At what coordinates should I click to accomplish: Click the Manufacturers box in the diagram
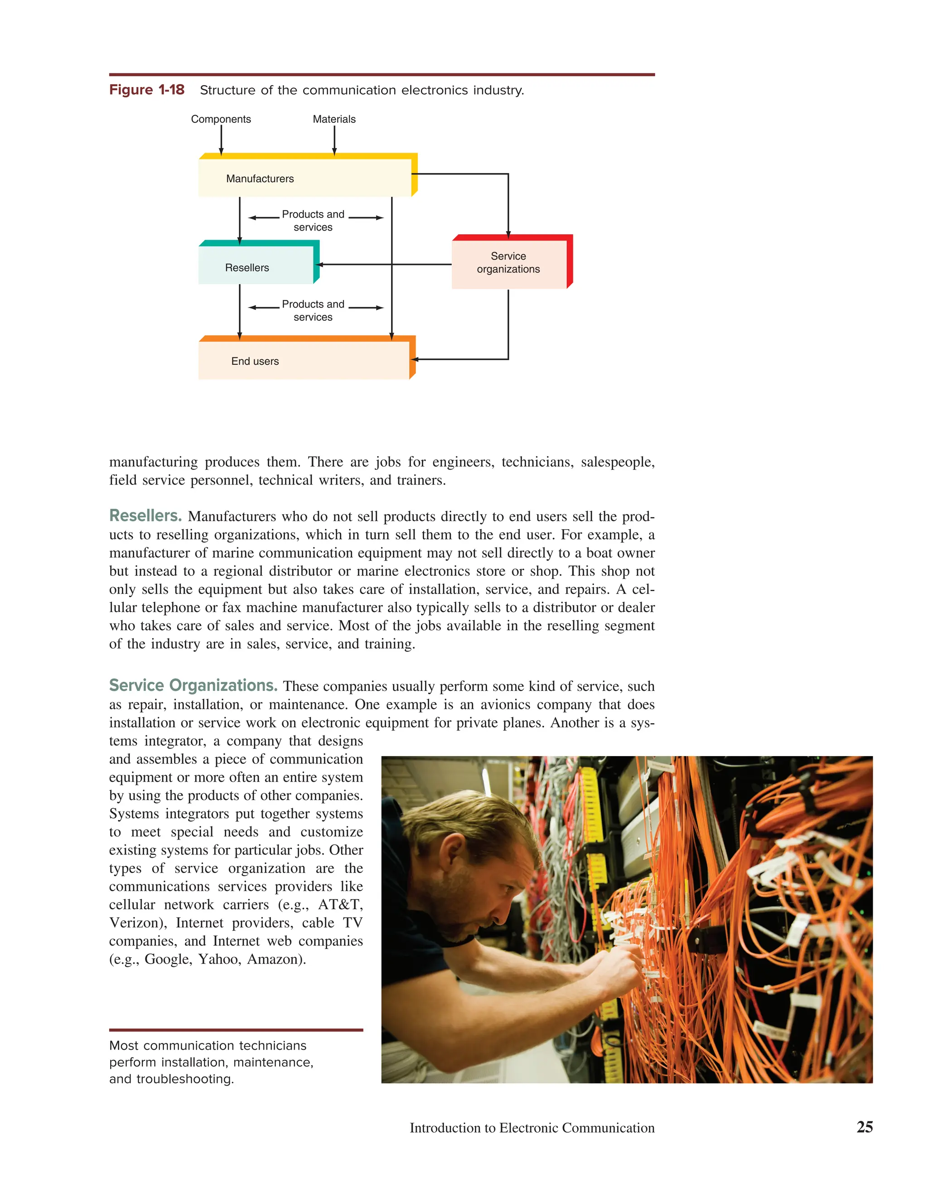coord(304,178)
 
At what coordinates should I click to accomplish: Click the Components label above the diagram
coord(221,119)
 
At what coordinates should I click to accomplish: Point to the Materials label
coord(334,119)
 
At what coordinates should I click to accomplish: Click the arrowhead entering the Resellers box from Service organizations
coord(319,265)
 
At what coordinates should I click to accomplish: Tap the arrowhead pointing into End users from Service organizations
coord(414,359)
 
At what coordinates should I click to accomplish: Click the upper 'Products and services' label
coord(313,221)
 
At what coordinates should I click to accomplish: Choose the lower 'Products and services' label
coord(313,310)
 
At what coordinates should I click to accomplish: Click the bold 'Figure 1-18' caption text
coord(147,90)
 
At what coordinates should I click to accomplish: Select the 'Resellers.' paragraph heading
coord(145,515)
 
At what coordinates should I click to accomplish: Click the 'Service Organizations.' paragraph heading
coord(193,685)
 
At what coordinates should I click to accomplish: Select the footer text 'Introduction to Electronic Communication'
coord(532,1128)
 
